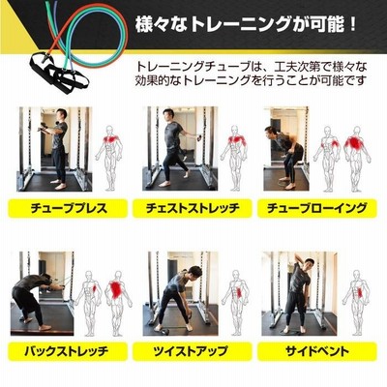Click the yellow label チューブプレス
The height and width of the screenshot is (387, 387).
click(x=68, y=208)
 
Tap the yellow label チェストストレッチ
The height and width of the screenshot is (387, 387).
click(x=193, y=208)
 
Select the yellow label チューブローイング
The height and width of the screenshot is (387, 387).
click(x=317, y=208)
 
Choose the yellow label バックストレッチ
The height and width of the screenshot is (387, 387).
click(x=68, y=351)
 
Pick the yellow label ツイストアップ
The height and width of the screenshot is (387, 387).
click(x=193, y=351)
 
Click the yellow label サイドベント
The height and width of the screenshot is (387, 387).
click(x=317, y=351)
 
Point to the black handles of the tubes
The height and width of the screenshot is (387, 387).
click(x=60, y=73)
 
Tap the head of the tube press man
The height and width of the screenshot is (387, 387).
click(x=61, y=115)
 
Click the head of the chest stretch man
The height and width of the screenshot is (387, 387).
click(x=168, y=115)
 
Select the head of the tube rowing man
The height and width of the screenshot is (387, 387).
click(x=270, y=133)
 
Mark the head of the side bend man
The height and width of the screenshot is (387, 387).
click(x=308, y=264)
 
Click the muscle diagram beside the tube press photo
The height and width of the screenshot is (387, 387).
click(x=109, y=158)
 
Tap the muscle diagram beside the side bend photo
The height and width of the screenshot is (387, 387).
click(x=357, y=302)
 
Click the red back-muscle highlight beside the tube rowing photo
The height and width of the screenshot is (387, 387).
click(x=355, y=143)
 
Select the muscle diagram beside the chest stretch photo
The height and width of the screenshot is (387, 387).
click(x=235, y=158)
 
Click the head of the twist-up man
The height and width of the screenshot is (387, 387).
click(x=194, y=272)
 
